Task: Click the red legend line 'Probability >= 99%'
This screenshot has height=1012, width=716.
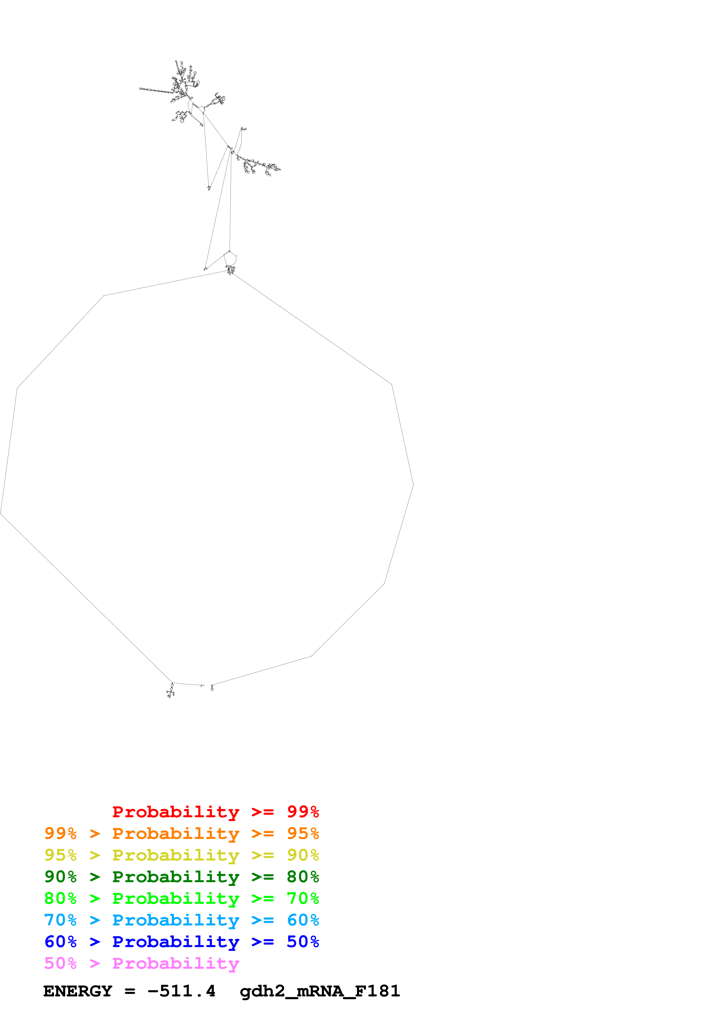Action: tap(215, 812)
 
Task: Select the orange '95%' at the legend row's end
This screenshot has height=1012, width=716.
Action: tap(303, 833)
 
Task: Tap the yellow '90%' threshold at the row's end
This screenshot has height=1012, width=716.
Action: tap(303, 855)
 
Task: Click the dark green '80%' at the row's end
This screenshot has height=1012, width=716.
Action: tap(303, 877)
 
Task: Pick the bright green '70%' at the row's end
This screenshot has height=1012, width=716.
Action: tap(303, 898)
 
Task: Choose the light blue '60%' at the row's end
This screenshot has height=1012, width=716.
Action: tap(303, 920)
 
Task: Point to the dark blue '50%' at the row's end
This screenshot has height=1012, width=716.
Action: tap(303, 942)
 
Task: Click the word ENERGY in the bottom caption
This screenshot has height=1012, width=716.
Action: tap(78, 991)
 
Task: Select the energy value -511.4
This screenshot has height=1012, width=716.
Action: tap(181, 991)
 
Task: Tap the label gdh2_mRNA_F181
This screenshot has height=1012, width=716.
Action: tap(320, 991)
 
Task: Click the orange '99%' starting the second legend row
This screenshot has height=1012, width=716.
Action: tap(60, 833)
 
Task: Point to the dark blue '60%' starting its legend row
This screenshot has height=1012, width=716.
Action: tap(60, 942)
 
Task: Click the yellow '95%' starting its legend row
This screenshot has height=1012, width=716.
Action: tap(60, 855)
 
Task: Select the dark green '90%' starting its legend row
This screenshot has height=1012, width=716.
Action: tap(60, 877)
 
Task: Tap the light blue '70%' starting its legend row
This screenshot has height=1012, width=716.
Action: tap(60, 920)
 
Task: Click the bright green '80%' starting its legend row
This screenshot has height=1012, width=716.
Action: tap(60, 898)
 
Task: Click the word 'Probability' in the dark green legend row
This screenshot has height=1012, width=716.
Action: tap(176, 877)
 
